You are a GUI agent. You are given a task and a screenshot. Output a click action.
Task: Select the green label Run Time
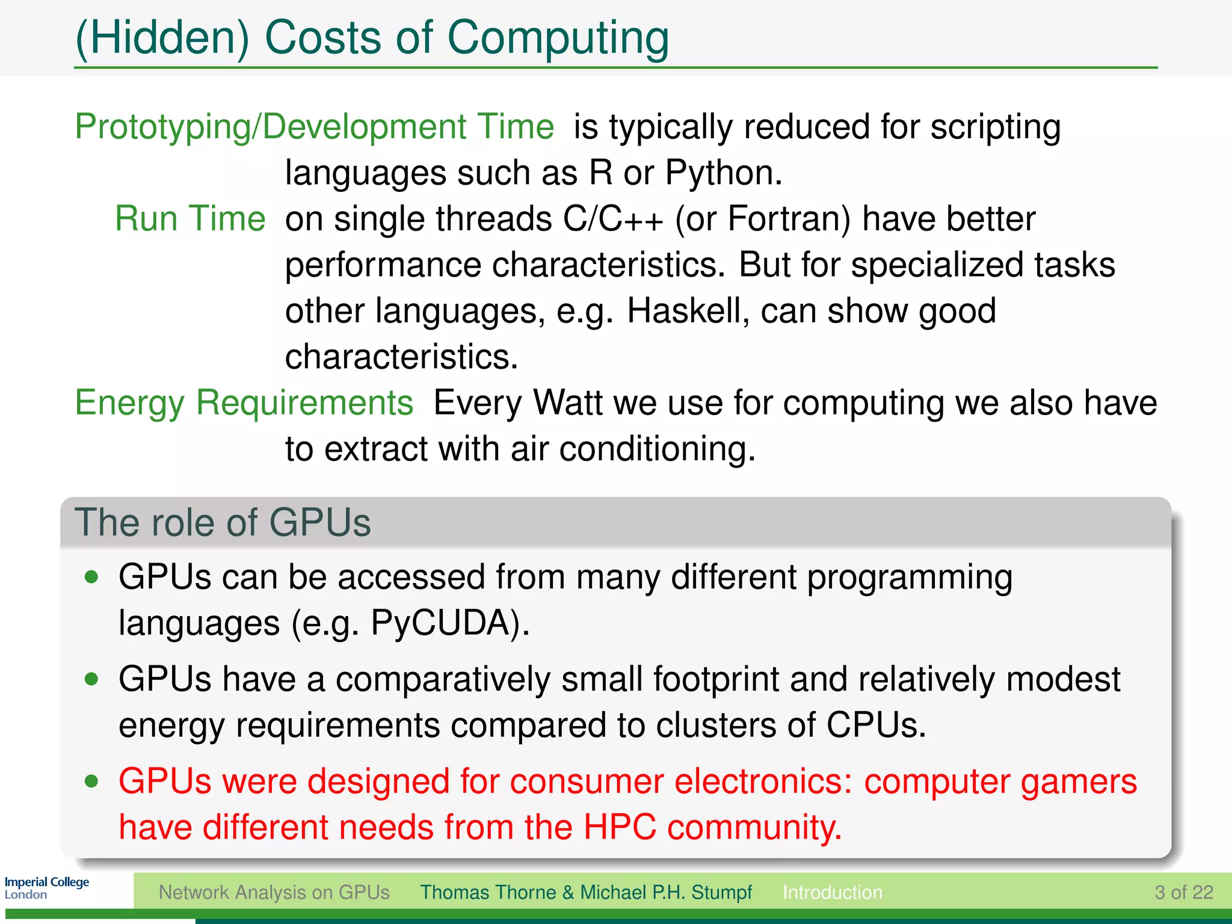190,218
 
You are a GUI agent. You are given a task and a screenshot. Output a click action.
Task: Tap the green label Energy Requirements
244,402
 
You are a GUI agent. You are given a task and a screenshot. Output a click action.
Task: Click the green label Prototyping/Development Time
314,127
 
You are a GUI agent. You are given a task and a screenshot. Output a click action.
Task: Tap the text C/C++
613,218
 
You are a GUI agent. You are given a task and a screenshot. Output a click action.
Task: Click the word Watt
567,402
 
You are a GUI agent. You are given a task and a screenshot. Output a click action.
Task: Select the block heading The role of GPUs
223,522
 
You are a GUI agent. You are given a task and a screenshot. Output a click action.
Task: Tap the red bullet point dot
91,781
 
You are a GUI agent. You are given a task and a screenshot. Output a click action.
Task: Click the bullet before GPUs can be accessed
91,577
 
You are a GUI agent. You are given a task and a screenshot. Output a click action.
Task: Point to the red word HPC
620,827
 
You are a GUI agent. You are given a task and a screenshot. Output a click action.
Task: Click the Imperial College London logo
46,888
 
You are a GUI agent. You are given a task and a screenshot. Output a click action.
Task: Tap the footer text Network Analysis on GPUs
274,892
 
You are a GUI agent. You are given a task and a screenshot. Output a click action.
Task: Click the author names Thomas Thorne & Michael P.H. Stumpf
585,892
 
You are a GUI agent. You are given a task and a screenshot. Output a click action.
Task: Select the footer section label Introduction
832,892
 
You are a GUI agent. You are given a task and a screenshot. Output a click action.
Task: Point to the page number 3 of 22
1183,892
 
